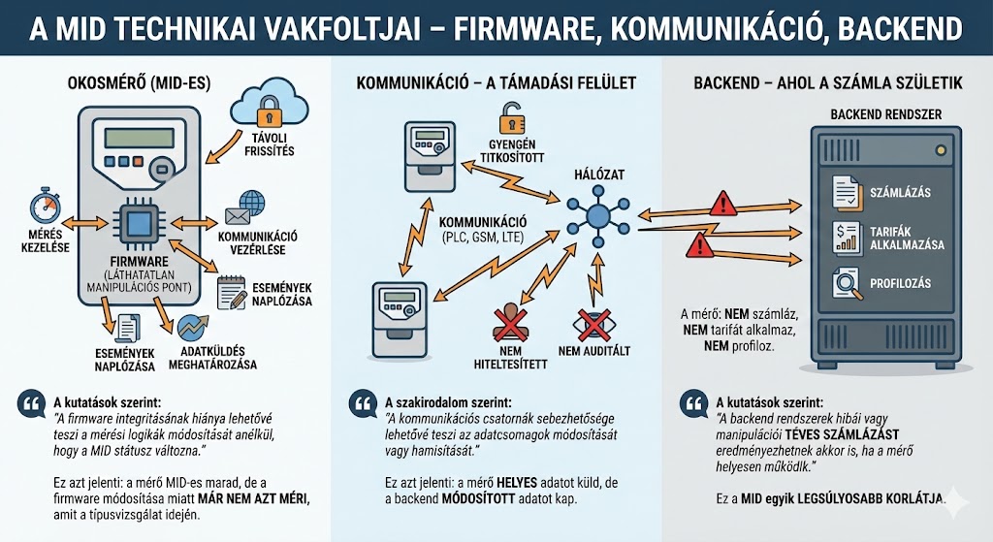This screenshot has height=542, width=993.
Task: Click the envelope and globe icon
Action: (244, 206)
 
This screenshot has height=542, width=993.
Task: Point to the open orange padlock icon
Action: (510, 121)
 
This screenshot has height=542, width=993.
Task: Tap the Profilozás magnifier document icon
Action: (846, 284)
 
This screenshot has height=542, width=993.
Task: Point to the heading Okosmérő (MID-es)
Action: (141, 84)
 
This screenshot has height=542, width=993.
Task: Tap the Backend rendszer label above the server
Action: (885, 114)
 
